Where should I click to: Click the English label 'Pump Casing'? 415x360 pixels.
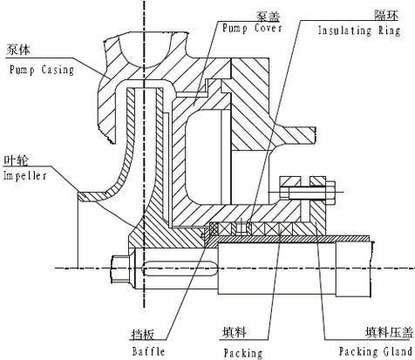click(x=42, y=70)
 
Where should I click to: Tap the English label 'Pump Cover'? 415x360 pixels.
click(x=252, y=28)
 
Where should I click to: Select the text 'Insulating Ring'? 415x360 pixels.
click(x=359, y=31)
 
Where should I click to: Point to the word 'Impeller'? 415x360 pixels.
click(x=24, y=176)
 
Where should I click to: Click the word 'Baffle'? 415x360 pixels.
click(x=148, y=351)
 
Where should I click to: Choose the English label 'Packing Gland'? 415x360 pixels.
click(x=376, y=351)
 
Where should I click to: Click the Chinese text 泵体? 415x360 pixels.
click(x=18, y=50)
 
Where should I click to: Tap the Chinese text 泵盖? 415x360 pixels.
click(x=268, y=17)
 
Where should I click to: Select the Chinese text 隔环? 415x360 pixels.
click(x=386, y=15)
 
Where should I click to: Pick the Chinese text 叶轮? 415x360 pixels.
click(x=16, y=160)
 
